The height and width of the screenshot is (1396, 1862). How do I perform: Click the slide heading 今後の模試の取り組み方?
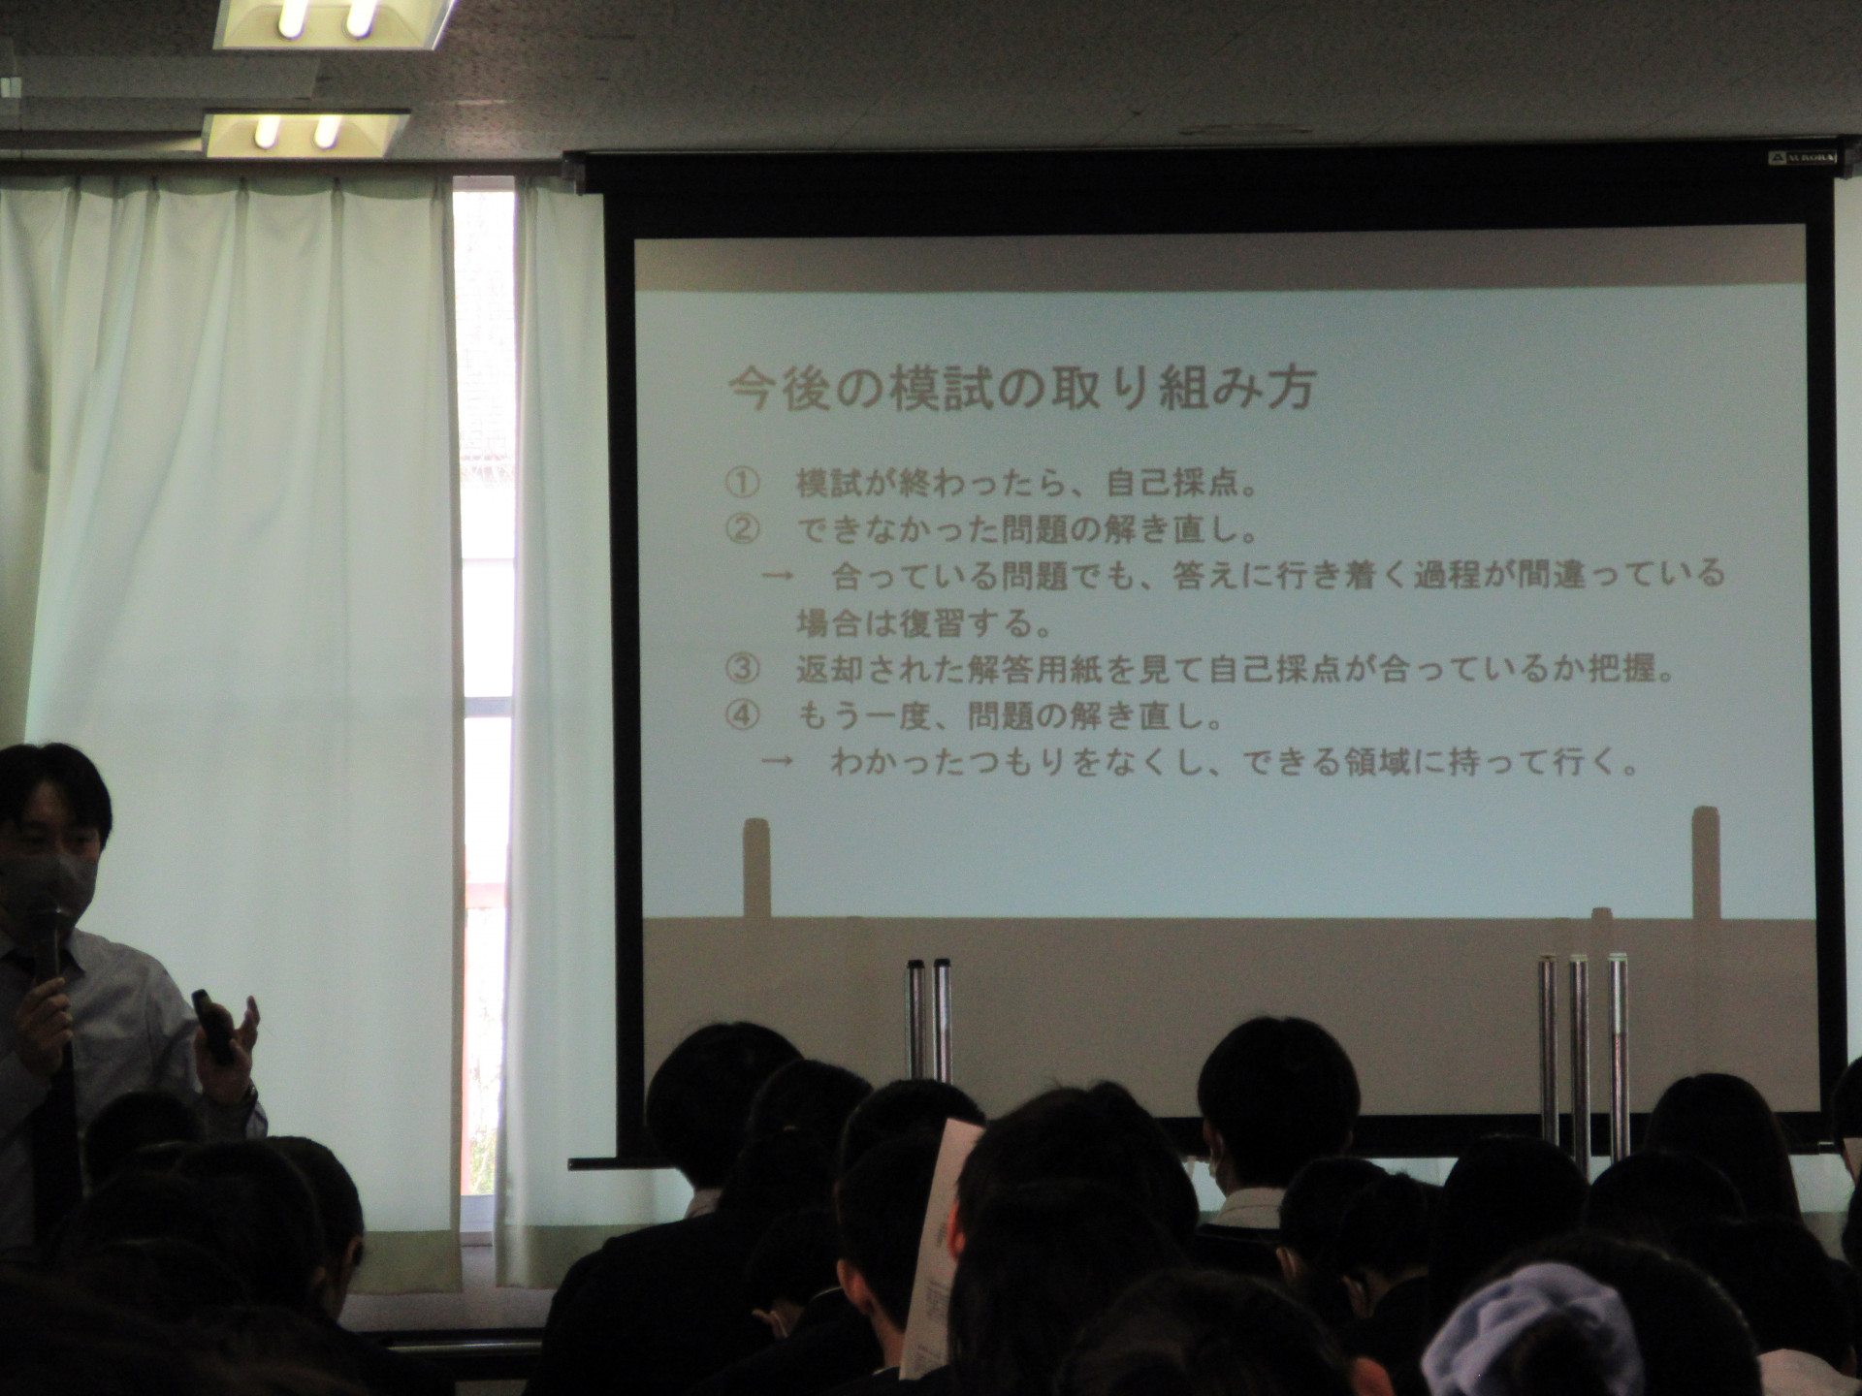point(1021,388)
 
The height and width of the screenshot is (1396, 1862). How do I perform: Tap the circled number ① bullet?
point(742,483)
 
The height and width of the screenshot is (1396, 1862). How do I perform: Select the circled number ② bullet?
point(742,529)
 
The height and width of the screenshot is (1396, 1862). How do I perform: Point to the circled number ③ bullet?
point(742,668)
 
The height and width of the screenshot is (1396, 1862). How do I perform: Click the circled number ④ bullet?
point(742,715)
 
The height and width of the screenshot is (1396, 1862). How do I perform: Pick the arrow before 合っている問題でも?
point(778,576)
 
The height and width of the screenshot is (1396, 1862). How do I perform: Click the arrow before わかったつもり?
point(778,761)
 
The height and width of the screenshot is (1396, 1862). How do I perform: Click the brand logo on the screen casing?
point(1802,157)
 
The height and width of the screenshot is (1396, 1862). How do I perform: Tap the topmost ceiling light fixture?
point(334,21)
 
